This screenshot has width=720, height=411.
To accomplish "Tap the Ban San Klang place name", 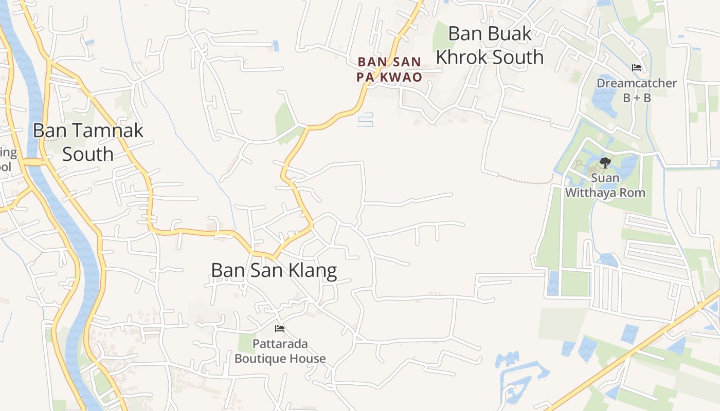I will click(274, 270).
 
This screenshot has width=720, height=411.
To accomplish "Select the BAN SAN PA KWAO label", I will click(389, 69).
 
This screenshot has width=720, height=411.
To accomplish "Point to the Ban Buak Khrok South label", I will click(490, 45).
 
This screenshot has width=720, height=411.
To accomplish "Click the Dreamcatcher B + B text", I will click(636, 90).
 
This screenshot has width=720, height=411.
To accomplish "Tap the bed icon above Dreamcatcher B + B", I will click(637, 67).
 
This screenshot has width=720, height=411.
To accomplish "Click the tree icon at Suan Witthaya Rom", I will click(605, 163).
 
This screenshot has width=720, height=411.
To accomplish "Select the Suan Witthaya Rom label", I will click(605, 186).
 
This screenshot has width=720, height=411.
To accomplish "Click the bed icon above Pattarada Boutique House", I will click(280, 328).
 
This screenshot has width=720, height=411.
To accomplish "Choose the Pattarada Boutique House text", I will click(280, 351).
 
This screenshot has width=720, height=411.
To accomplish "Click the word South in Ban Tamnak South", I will click(88, 154).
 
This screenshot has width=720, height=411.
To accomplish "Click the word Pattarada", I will click(280, 344).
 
